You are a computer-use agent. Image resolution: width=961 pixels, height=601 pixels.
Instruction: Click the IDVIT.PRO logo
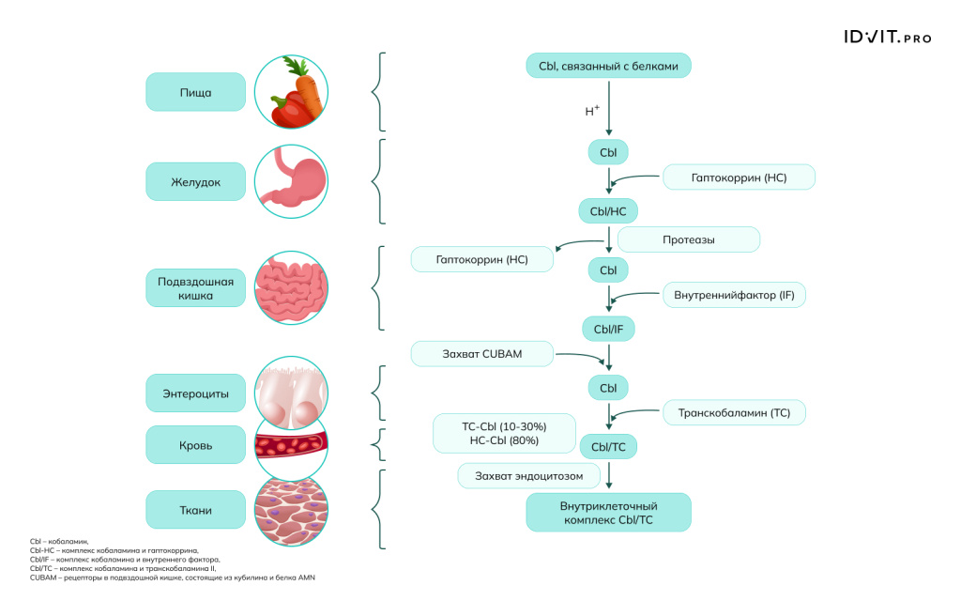click(x=887, y=39)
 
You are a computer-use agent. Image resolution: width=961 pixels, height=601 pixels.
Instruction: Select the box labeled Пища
click(x=195, y=92)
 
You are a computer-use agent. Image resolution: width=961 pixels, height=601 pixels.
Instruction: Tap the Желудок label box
click(x=195, y=181)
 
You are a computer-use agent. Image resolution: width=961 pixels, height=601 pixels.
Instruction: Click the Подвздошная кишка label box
click(x=195, y=287)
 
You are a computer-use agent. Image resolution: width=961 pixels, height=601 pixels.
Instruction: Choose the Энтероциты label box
click(x=195, y=393)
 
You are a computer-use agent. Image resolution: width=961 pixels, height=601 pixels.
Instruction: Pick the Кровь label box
click(x=195, y=445)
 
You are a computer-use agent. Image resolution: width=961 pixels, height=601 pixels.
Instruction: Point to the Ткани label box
click(x=195, y=510)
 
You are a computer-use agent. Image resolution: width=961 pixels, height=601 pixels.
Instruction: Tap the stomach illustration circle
click(x=291, y=181)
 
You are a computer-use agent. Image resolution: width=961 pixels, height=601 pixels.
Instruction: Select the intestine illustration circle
click(x=291, y=287)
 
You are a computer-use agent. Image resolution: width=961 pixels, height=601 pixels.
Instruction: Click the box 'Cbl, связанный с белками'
click(x=608, y=67)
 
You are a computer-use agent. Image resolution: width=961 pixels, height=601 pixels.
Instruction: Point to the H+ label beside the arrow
click(x=592, y=111)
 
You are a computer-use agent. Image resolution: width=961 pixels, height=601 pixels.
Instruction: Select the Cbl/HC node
click(x=608, y=211)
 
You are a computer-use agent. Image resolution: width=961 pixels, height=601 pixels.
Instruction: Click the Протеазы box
click(x=688, y=239)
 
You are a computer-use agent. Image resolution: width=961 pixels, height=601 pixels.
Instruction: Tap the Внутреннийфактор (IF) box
click(x=734, y=295)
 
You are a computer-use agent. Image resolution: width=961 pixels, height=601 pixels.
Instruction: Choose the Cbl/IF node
click(x=608, y=329)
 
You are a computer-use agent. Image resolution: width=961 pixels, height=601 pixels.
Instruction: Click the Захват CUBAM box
click(x=481, y=354)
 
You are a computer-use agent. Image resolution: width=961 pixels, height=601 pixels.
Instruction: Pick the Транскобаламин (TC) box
click(x=734, y=412)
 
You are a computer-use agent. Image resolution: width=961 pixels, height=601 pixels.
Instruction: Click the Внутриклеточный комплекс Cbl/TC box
click(x=608, y=513)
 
